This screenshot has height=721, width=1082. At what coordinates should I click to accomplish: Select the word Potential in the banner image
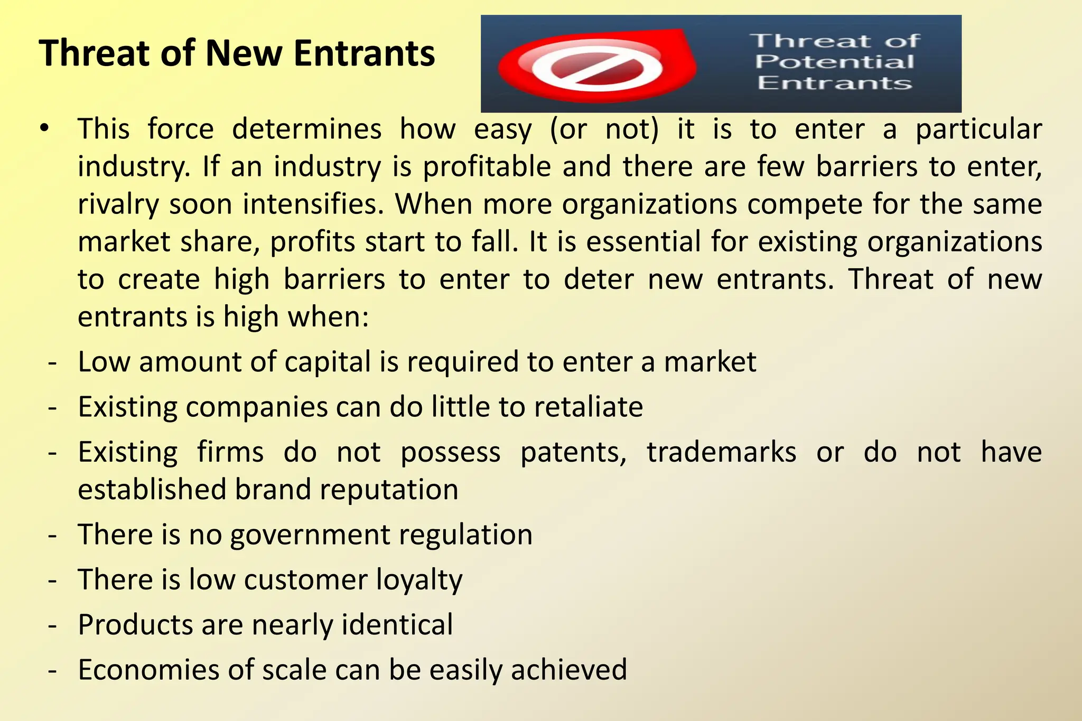pyautogui.click(x=834, y=62)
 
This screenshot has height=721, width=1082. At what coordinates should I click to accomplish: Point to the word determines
pyautogui.click(x=306, y=129)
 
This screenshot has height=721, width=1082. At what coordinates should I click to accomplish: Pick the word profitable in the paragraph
pyautogui.click(x=487, y=167)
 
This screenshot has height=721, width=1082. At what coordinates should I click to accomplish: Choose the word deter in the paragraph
pyautogui.click(x=599, y=279)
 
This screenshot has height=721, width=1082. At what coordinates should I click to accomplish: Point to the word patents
pyautogui.click(x=573, y=453)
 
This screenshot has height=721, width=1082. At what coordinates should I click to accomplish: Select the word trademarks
pyautogui.click(x=721, y=453)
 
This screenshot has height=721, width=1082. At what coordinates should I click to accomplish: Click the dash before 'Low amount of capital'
pyautogui.click(x=52, y=363)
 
